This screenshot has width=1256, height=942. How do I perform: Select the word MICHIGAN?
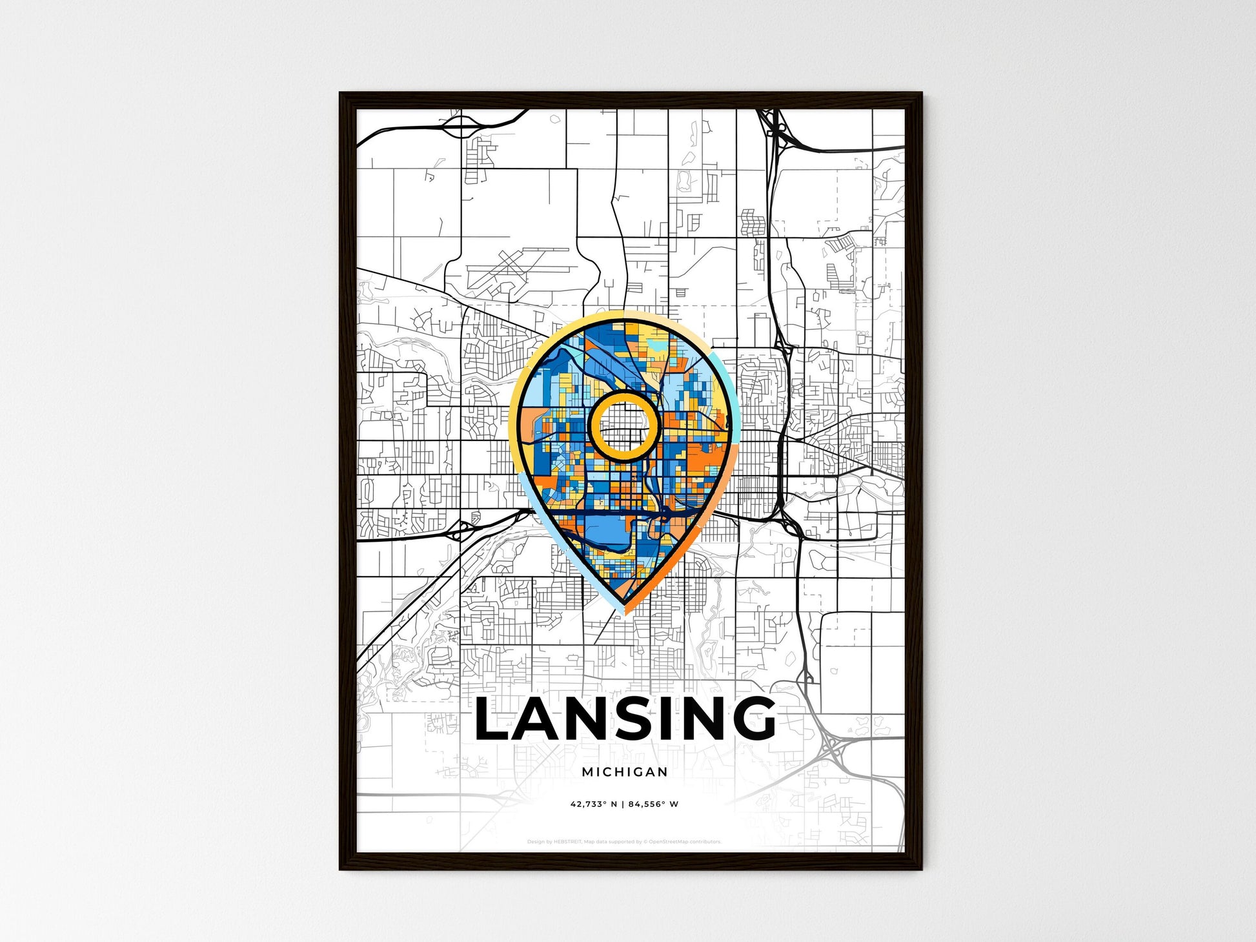click(x=624, y=772)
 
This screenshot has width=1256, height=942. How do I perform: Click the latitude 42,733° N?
click(x=594, y=804)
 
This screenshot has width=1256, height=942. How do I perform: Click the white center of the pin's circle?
click(x=623, y=425)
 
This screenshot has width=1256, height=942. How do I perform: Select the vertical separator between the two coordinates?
click(x=623, y=804)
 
